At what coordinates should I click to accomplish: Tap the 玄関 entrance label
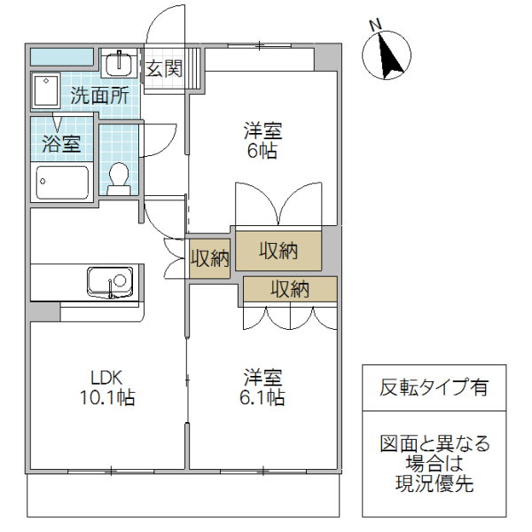pos(164,68)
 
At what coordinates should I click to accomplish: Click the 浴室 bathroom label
pos(60,144)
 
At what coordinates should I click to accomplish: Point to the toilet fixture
pos(118,176)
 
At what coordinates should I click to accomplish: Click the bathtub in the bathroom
pos(62,184)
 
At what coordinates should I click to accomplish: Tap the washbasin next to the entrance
pos(118,64)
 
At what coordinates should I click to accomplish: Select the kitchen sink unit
pos(110,283)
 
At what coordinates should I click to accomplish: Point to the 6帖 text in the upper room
pos(263,152)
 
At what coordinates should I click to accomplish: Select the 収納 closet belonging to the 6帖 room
pos(278,250)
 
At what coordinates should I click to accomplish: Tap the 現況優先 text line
pos(434,484)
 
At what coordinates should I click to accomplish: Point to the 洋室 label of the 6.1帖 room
pos(263,375)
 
